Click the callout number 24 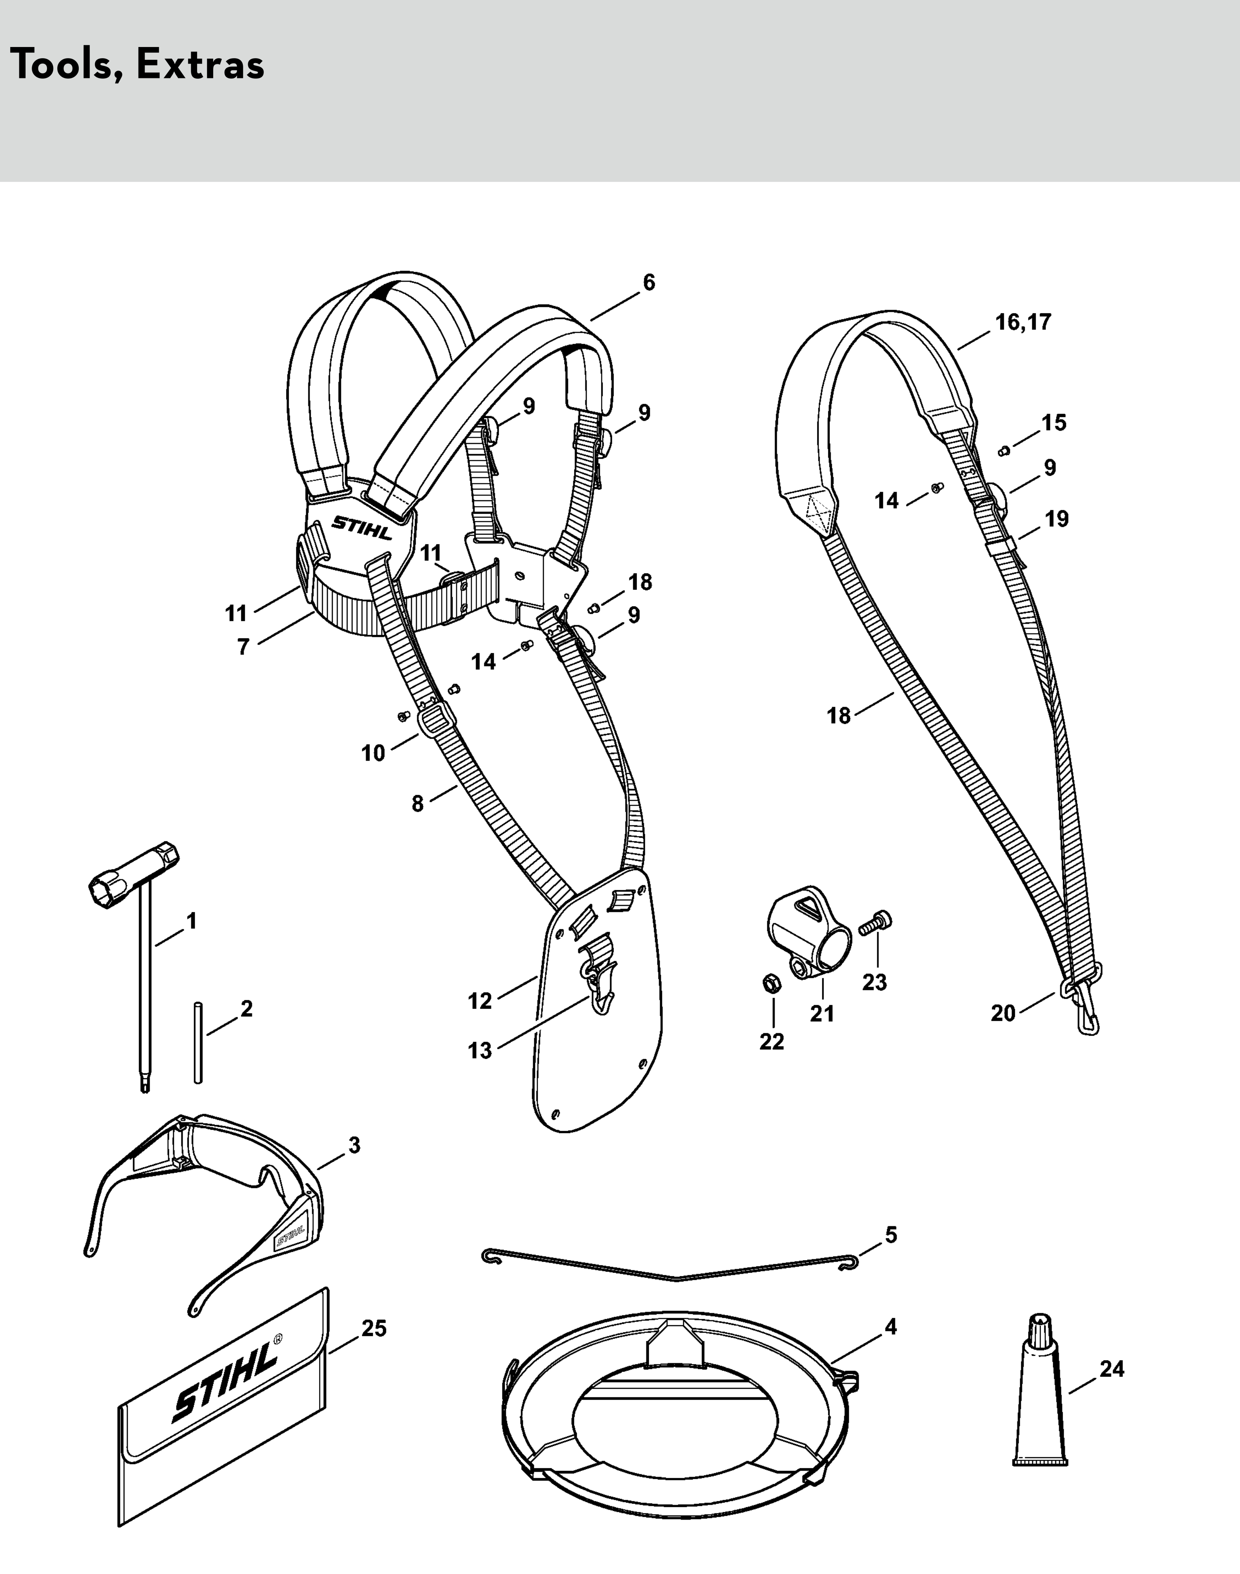click(1111, 1369)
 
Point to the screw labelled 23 click(876, 924)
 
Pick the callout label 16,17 click(1023, 322)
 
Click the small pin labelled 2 click(197, 1043)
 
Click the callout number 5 click(891, 1235)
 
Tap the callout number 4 click(891, 1327)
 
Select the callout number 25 click(374, 1329)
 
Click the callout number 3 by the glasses click(354, 1145)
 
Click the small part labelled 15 click(1005, 451)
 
